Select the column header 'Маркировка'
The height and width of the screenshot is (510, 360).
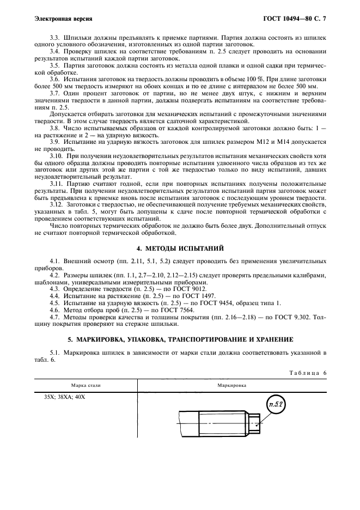232,385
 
